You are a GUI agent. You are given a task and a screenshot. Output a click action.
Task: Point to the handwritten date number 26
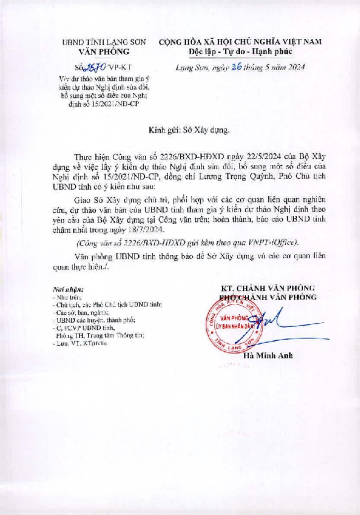click(x=237, y=67)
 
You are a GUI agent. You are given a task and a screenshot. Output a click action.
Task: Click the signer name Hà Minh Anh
click(x=268, y=356)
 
